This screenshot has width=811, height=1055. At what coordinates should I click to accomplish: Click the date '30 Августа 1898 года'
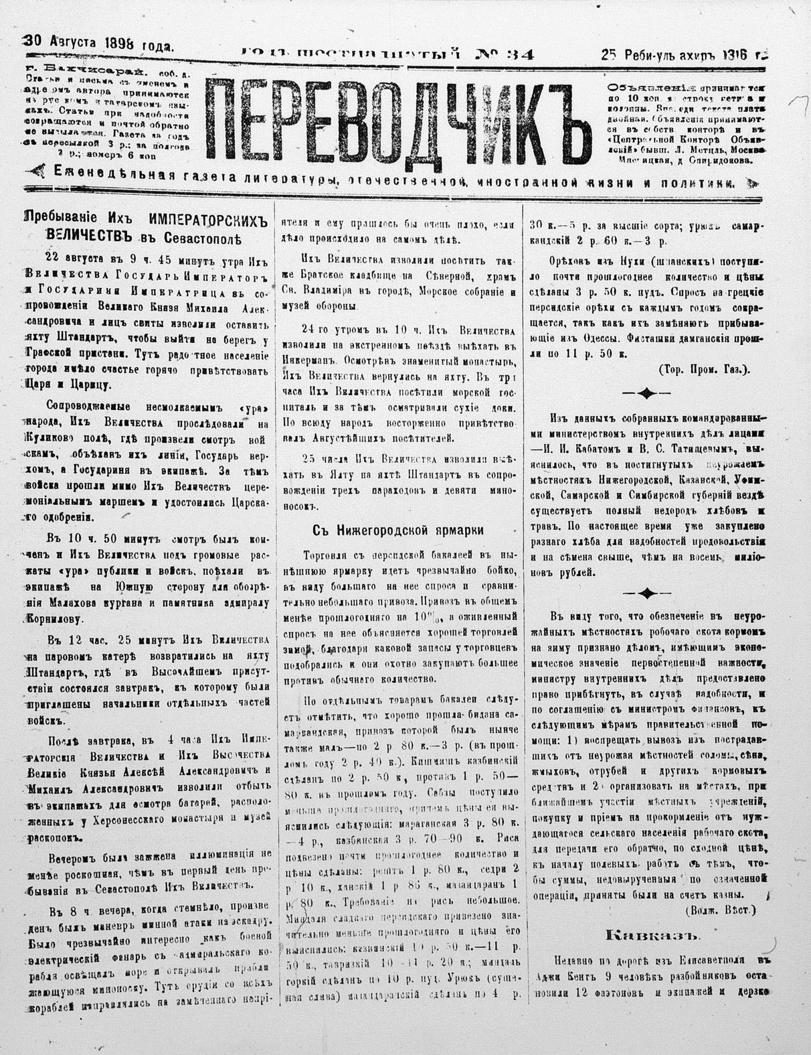[99, 44]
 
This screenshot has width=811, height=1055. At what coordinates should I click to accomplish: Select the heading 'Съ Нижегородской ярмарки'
[398, 530]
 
